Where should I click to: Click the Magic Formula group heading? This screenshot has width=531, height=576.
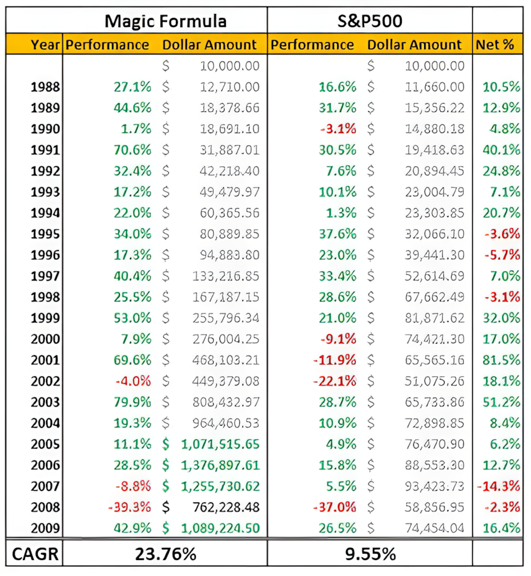[x=165, y=21]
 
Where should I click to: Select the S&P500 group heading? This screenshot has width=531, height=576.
[x=370, y=21]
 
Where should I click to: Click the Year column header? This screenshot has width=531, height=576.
[x=45, y=45]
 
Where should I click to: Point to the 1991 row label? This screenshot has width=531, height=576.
[x=45, y=150]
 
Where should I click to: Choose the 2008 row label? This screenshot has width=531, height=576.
[x=45, y=508]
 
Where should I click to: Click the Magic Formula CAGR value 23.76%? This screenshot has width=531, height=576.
[x=166, y=554]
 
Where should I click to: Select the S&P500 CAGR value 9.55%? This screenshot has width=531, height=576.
[x=370, y=554]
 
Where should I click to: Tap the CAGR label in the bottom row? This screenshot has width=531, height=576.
[x=35, y=554]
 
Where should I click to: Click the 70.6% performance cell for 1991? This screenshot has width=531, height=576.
[x=132, y=150]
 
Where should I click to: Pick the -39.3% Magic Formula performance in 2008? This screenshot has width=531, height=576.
[x=129, y=508]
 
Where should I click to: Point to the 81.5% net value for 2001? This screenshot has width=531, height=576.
[x=502, y=360]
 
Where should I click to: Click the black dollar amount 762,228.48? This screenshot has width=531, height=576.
[x=226, y=508]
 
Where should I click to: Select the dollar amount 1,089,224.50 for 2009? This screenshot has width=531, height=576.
[x=220, y=528]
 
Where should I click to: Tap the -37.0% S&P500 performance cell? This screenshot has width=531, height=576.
[x=334, y=508]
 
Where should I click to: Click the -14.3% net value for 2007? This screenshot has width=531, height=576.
[x=498, y=486]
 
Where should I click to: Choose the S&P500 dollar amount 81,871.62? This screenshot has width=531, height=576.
[x=435, y=317]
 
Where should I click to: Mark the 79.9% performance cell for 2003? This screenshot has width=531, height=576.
[x=132, y=402]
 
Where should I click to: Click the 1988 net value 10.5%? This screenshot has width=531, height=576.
[x=502, y=86]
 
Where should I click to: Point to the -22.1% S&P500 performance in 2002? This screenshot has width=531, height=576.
[x=334, y=381]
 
